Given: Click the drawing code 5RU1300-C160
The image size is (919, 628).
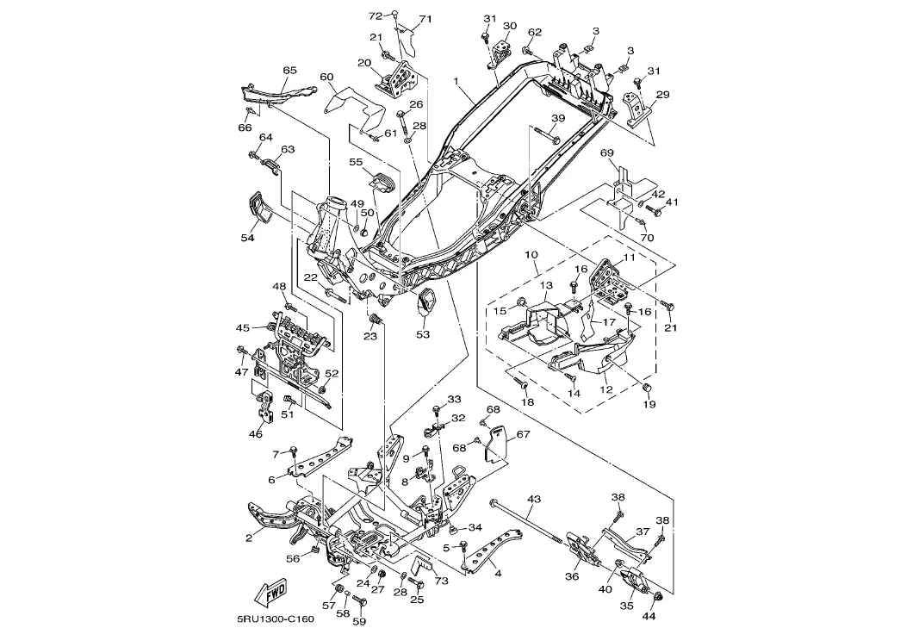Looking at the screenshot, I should click(x=275, y=619).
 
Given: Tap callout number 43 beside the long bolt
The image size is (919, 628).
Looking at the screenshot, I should click(x=534, y=499).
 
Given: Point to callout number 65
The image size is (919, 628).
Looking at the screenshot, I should click(x=289, y=70).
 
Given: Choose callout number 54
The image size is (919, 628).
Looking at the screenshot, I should click(x=247, y=238).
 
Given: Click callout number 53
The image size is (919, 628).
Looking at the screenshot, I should click(x=423, y=333).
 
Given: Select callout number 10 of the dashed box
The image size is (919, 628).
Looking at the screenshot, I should click(x=531, y=255).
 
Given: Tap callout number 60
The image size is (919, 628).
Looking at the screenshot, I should click(x=326, y=77).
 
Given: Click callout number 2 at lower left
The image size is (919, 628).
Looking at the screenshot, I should click(x=248, y=538).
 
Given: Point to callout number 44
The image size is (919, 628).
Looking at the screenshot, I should click(x=649, y=617).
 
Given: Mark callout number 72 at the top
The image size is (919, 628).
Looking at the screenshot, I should click(x=375, y=16).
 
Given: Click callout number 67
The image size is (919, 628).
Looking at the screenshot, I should click(x=523, y=435).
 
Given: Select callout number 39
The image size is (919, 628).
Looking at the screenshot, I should click(x=558, y=118).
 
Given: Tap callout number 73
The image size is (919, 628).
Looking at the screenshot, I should click(x=443, y=581).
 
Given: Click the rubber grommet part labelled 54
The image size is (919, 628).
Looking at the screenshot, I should click(x=258, y=206).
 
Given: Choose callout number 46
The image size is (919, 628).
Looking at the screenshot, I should click(x=256, y=434).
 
